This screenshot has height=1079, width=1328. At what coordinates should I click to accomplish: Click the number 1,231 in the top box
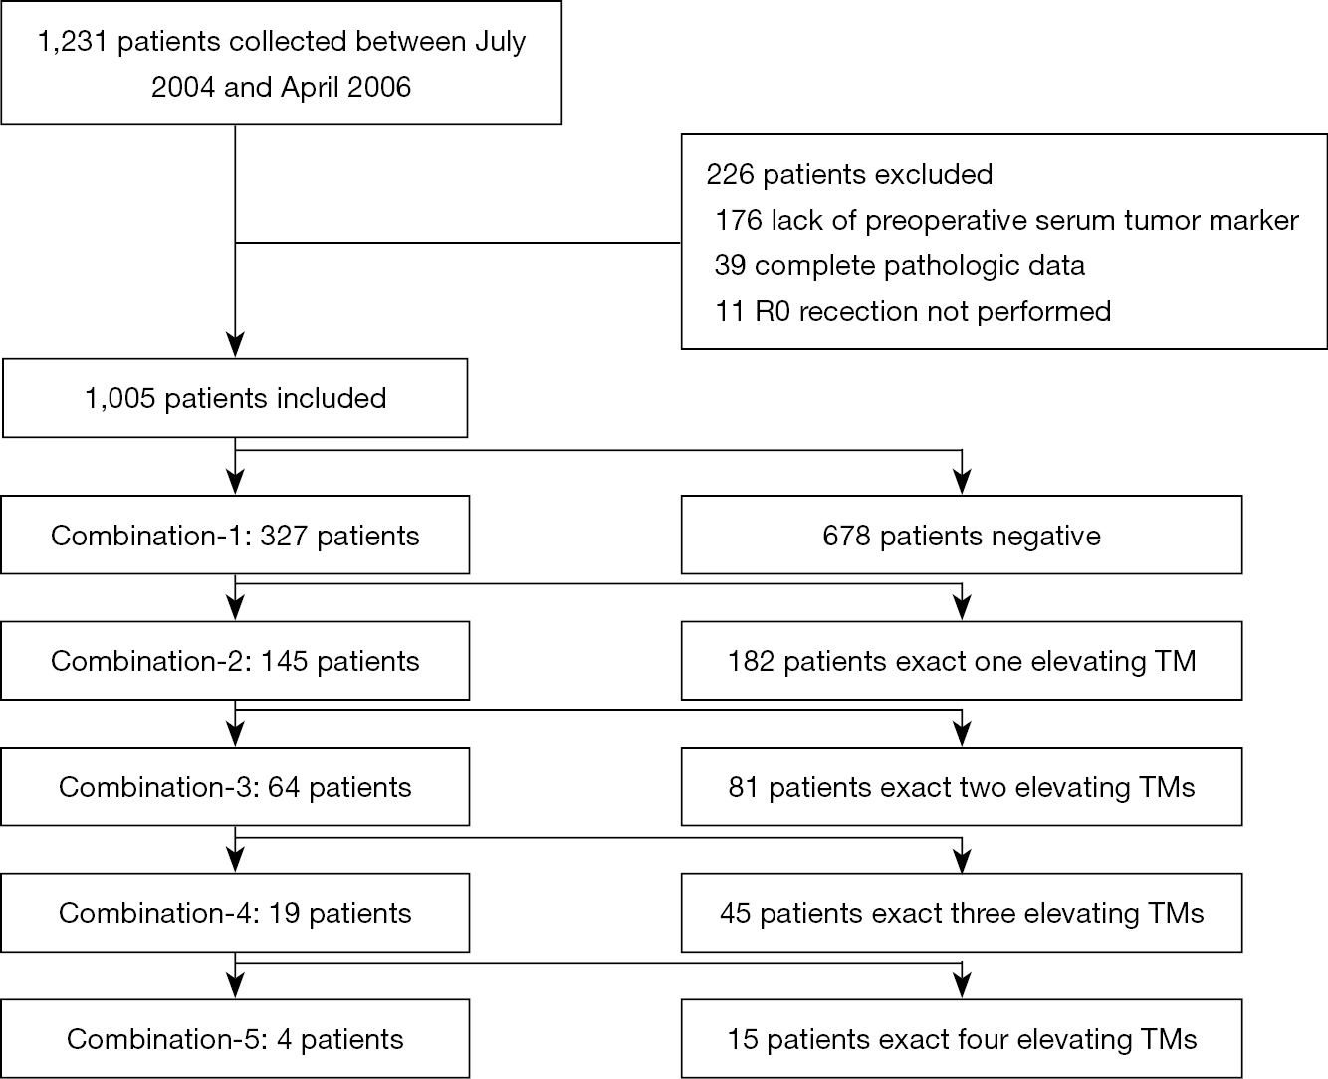pos(73,42)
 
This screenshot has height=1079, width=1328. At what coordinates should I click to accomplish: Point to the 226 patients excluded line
pos(849,174)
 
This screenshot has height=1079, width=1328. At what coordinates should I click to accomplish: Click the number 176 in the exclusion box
pos(739,220)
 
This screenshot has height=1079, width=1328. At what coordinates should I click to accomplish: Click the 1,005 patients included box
pos(235,398)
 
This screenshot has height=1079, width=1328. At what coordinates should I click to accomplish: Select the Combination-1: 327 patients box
pos(235,535)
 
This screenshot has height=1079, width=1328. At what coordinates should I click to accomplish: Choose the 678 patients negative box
pos(962,535)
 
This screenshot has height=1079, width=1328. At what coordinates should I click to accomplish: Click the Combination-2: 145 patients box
pos(235,660)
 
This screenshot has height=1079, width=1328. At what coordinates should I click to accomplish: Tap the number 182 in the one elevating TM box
pos(751,661)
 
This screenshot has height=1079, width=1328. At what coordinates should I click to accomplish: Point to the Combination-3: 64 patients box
pos(235,786)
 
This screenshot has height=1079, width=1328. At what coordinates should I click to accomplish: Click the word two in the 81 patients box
pos(982,787)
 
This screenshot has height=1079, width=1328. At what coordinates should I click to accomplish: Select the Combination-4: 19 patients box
pos(235,913)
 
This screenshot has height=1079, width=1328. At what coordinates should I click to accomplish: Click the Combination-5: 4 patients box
pos(235,1038)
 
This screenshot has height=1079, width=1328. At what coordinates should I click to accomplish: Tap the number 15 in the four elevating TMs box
pos(743,1039)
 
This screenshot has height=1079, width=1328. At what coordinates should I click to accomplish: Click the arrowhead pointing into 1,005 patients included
pos(235,345)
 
